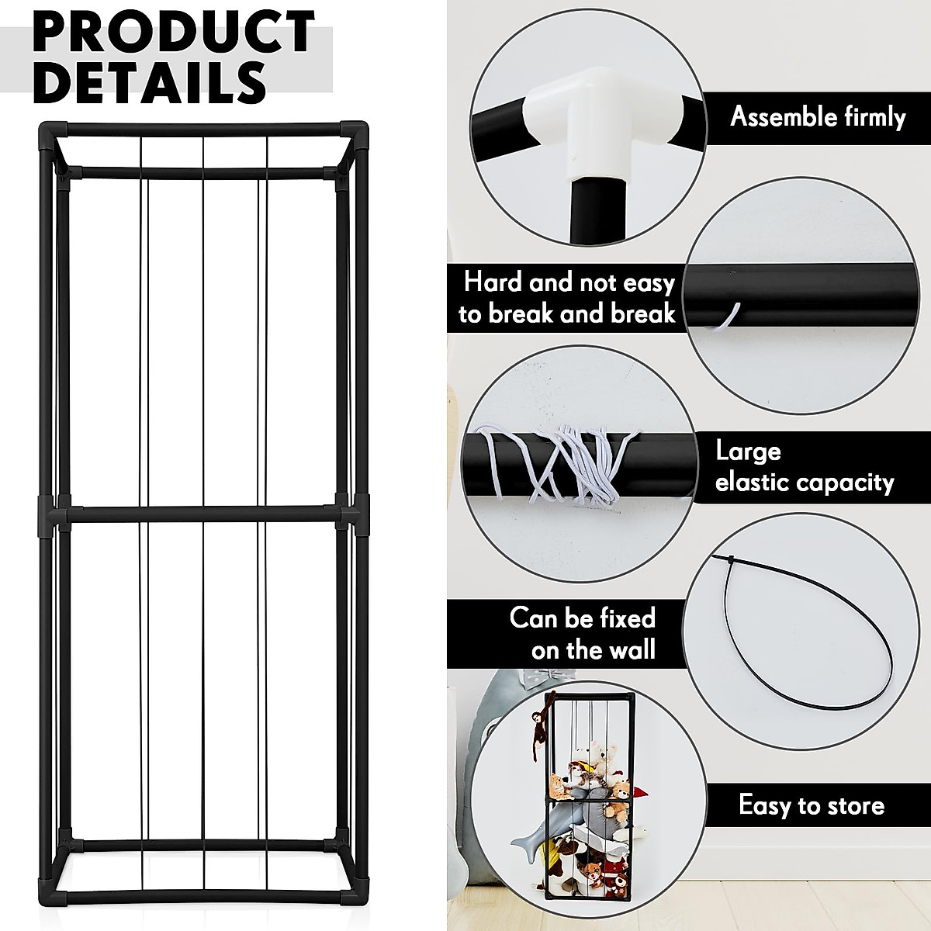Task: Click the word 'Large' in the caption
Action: (x=748, y=451)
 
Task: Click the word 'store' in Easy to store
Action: (x=850, y=805)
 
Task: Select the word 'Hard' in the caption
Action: (x=493, y=282)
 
